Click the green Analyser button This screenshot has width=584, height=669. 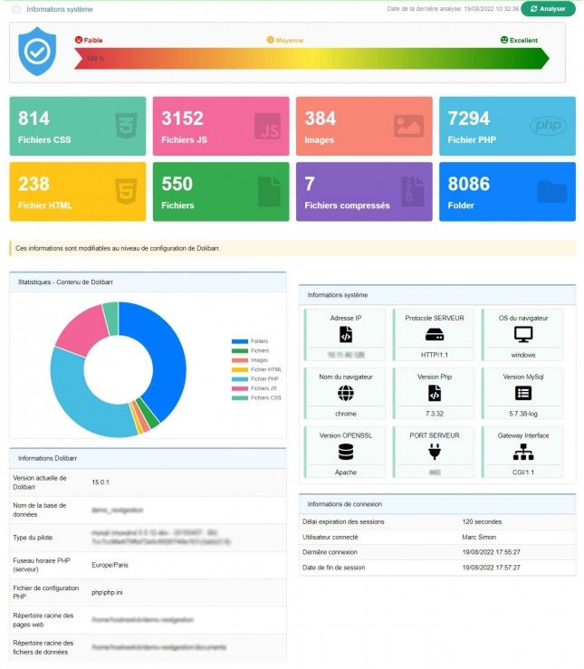pos(548,9)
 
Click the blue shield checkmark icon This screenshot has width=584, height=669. pos(37,51)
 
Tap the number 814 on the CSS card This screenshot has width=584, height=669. pos(34,119)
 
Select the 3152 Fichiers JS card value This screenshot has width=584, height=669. pos(182,119)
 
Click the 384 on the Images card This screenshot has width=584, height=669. pos(321,119)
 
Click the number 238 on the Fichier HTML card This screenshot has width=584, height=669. pos(34,184)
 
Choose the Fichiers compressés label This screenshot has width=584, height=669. pos(347,205)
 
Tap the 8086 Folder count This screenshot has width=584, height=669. pos(469,184)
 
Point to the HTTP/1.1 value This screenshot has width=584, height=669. pos(435,355)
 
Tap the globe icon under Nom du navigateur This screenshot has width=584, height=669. pos(345,393)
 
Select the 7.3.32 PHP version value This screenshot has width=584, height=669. pos(435,413)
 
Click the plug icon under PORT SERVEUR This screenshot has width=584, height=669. pos(435,452)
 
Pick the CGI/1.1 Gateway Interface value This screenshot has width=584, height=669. pos(523,471)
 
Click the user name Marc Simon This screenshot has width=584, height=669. pos(478,537)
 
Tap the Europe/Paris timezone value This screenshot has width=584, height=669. pos(110,564)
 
